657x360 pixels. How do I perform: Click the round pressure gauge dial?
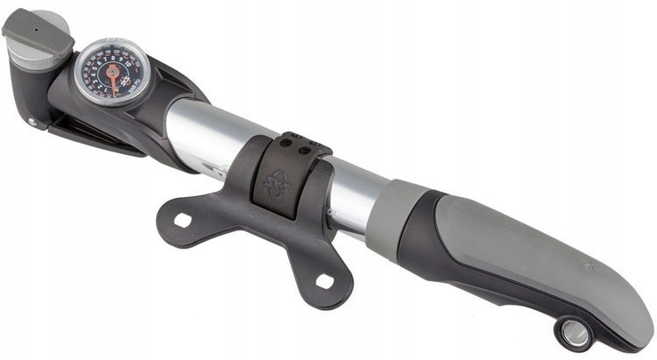click(x=112, y=72)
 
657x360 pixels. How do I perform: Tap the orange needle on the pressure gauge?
click(x=112, y=81)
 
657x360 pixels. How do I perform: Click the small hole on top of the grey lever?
click(x=34, y=27)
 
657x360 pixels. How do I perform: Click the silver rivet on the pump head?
click(x=32, y=122)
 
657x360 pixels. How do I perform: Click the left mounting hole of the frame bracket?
click(x=182, y=221)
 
